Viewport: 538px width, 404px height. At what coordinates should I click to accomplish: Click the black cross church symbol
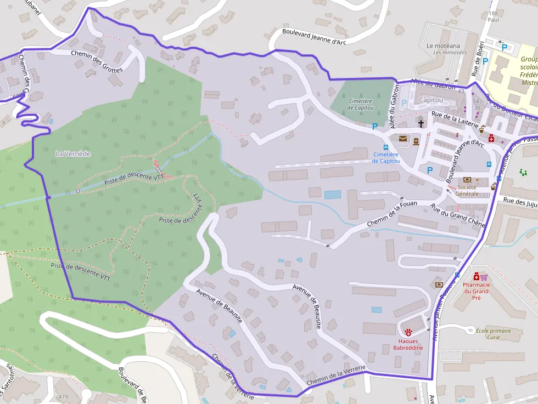[x=421, y=123]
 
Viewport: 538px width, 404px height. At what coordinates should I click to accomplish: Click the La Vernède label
[x=73, y=154]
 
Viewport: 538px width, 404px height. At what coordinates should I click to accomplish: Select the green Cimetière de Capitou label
[x=360, y=104]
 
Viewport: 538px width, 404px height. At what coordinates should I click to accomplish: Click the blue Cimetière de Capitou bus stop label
[x=386, y=158]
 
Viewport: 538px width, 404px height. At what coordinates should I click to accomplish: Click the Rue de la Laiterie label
[x=455, y=120]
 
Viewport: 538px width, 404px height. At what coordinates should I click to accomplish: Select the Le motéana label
[x=443, y=46]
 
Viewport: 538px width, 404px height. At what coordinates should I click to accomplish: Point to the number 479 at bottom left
[x=63, y=397]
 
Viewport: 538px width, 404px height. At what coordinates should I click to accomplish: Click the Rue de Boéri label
[x=478, y=59]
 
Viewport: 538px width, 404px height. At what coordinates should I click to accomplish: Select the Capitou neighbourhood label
[x=430, y=100]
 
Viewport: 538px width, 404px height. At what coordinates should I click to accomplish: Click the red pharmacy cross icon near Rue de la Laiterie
[x=491, y=139]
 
